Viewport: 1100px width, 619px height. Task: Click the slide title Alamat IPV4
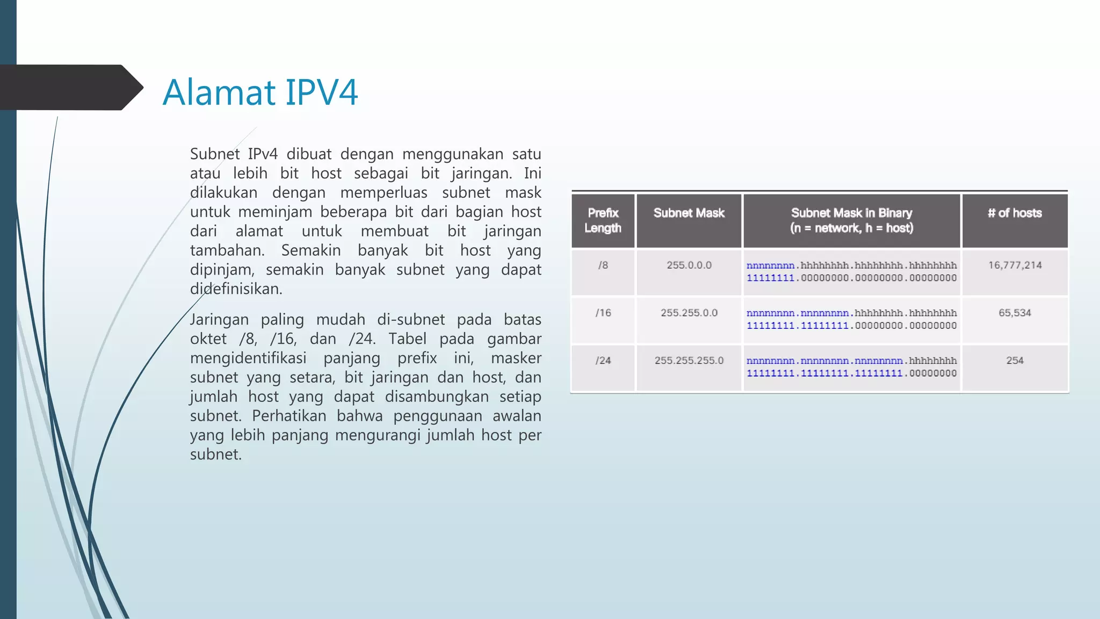pyautogui.click(x=260, y=92)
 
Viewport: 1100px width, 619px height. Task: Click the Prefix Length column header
pyautogui.click(x=603, y=220)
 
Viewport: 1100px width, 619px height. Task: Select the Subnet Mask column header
pyautogui.click(x=689, y=213)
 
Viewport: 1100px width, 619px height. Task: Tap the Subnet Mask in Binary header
pyautogui.click(x=851, y=220)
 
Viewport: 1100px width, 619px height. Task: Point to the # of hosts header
pyautogui.click(x=1015, y=213)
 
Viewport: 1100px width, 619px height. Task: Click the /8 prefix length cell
pyautogui.click(x=603, y=265)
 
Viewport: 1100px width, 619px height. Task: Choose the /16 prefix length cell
pyautogui.click(x=603, y=313)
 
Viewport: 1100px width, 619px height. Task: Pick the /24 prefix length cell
pyautogui.click(x=603, y=361)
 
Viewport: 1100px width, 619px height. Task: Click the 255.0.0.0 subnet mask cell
pyautogui.click(x=689, y=265)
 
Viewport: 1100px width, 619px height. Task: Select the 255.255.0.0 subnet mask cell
pyautogui.click(x=689, y=313)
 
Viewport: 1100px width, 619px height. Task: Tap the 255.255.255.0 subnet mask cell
pyautogui.click(x=689, y=361)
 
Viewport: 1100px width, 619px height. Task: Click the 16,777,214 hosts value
pyautogui.click(x=1015, y=265)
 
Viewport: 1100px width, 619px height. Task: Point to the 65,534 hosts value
pyautogui.click(x=1015, y=313)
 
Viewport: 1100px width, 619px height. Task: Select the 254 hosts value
pyautogui.click(x=1015, y=361)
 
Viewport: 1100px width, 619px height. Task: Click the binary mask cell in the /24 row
pyautogui.click(x=851, y=367)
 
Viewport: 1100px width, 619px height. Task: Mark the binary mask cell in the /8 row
pyautogui.click(x=851, y=271)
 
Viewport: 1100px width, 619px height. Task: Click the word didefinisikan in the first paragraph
pyautogui.click(x=236, y=289)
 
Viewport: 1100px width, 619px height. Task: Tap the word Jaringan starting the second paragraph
pyautogui.click(x=219, y=320)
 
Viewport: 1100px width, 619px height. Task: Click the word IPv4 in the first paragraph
pyautogui.click(x=263, y=154)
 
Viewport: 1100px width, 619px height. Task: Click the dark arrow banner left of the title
pyautogui.click(x=70, y=87)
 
